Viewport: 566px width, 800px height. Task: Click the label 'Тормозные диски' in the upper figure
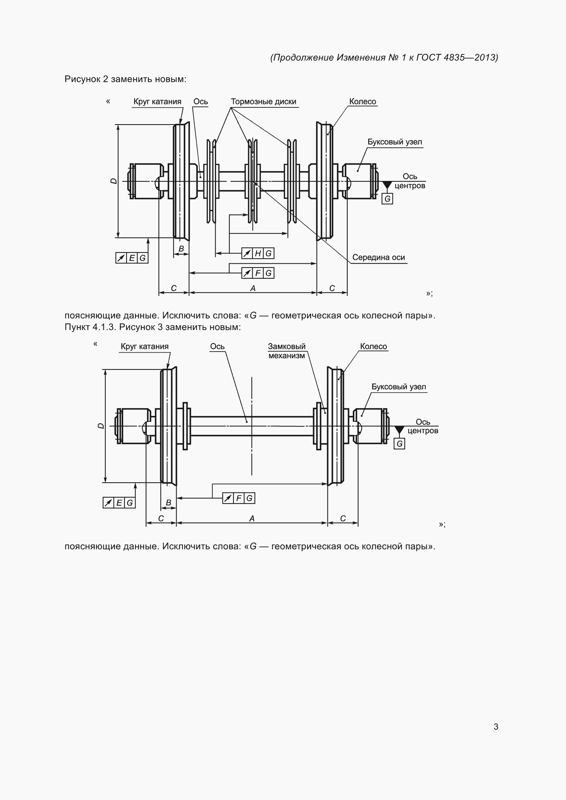[263, 102]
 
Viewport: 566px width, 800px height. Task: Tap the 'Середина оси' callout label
[378, 258]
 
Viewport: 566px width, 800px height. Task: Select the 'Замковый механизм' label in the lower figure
[286, 351]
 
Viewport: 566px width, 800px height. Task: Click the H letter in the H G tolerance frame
[258, 253]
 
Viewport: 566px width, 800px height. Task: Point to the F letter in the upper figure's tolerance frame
[258, 273]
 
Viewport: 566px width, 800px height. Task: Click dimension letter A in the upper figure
[253, 288]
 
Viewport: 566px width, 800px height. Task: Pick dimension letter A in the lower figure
[252, 519]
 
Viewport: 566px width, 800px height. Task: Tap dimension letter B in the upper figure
[181, 249]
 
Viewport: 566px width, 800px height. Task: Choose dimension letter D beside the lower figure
[101, 426]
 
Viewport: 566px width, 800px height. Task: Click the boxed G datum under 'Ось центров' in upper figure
[387, 199]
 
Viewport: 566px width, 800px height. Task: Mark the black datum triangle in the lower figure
[399, 430]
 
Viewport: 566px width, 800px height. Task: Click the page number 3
[496, 726]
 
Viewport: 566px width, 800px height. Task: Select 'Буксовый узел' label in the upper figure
[395, 142]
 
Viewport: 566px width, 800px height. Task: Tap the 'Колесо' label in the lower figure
[373, 346]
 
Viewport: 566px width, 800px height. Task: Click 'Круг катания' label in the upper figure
[157, 102]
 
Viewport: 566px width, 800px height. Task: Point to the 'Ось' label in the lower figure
[217, 346]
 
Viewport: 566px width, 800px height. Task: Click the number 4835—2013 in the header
[471, 57]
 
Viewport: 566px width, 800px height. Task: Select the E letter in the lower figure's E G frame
[119, 503]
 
